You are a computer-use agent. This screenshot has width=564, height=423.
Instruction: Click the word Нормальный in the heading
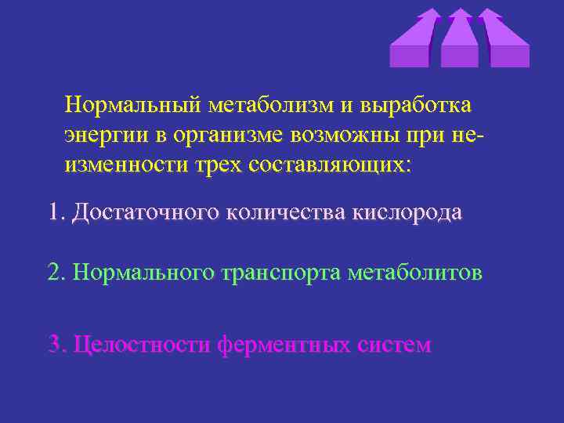(x=136, y=104)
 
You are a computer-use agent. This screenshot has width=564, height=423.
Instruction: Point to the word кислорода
(x=407, y=211)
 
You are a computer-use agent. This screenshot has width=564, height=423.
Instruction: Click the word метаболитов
(x=414, y=272)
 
